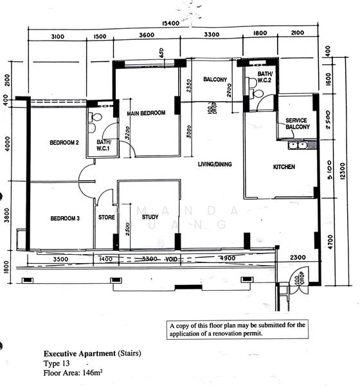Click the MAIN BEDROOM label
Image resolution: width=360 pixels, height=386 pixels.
146,113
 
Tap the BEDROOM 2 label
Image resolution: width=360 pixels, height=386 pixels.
64,143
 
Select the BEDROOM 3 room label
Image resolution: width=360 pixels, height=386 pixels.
65,219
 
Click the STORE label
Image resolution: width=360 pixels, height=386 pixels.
106,217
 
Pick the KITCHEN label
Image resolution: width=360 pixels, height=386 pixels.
283,167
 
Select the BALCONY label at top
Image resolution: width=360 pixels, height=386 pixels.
215,80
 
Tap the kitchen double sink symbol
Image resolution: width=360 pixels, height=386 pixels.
297,145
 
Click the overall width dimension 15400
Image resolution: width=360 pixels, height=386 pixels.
170,23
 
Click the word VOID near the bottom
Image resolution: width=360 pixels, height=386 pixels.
172,259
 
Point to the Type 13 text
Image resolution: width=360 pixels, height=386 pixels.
58,363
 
